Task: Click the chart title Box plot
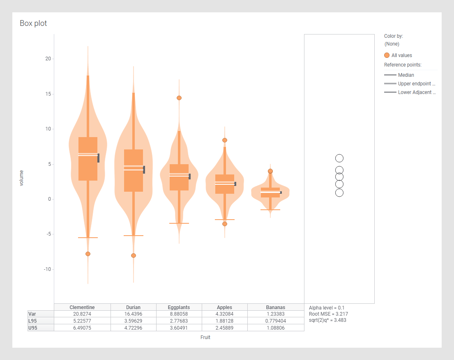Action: (33, 23)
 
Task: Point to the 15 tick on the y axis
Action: (48, 94)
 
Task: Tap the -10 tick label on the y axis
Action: (47, 269)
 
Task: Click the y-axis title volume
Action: (21, 178)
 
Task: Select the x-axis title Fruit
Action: (205, 337)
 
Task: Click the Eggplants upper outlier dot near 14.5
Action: (179, 98)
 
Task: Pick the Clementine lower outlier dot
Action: (88, 254)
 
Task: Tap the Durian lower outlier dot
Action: (134, 255)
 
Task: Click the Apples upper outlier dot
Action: (225, 140)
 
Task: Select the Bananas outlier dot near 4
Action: (270, 171)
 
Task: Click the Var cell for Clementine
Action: (82, 314)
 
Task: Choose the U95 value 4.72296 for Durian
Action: (134, 328)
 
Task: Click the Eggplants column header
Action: (179, 307)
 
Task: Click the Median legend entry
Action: (406, 75)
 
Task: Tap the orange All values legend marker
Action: (387, 55)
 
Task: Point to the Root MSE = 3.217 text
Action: (328, 314)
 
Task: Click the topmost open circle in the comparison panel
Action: (339, 158)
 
